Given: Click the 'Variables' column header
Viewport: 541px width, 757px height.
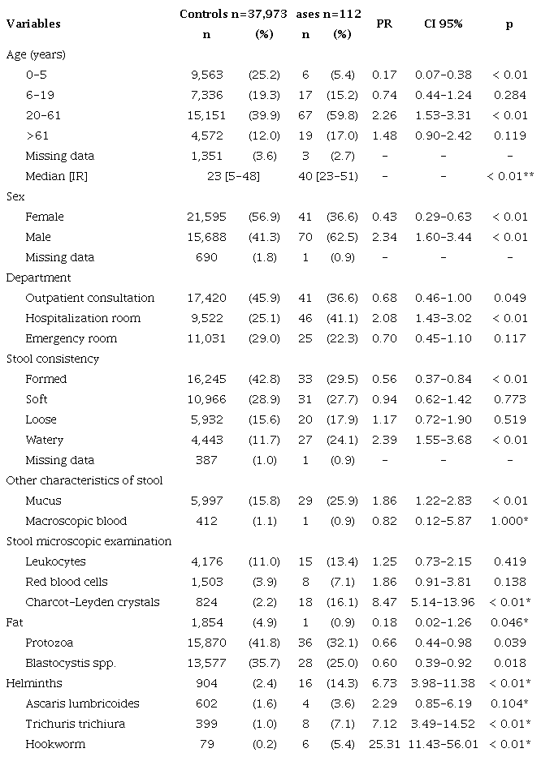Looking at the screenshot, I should click(33, 24).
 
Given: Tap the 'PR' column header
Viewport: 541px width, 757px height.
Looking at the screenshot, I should click(385, 24).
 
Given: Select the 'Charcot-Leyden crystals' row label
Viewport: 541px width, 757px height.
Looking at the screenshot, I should click(92, 602).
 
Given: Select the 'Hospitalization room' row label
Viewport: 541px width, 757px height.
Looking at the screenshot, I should click(83, 318).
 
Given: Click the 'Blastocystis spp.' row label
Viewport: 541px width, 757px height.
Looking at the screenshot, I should click(71, 663).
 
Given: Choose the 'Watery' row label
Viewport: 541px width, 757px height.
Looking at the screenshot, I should click(45, 440).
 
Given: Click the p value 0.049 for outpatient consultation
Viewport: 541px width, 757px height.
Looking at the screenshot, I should click(509, 298).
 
